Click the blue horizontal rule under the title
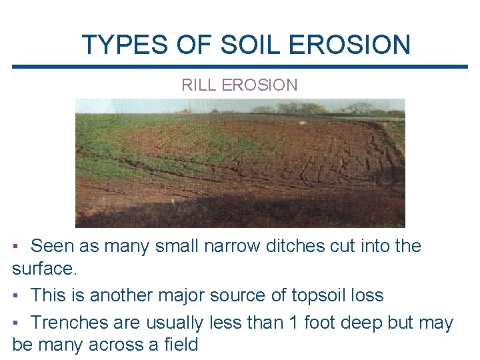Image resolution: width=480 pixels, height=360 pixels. (240, 67)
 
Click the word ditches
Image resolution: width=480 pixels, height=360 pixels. (295, 246)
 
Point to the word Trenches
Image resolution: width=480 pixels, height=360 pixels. (73, 323)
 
